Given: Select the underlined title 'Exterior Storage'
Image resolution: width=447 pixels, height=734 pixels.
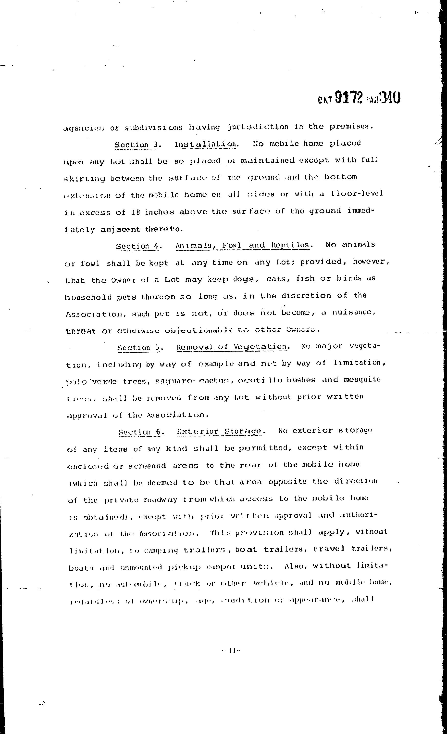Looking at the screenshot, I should (x=219, y=431).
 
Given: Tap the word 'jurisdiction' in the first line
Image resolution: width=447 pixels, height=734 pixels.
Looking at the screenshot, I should (x=258, y=127).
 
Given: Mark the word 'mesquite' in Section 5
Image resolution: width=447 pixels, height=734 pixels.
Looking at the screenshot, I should (x=362, y=379).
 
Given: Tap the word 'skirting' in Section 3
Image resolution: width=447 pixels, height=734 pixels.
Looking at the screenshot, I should (x=84, y=178).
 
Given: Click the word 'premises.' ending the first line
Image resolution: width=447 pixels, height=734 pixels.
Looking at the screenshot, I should (x=351, y=126).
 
